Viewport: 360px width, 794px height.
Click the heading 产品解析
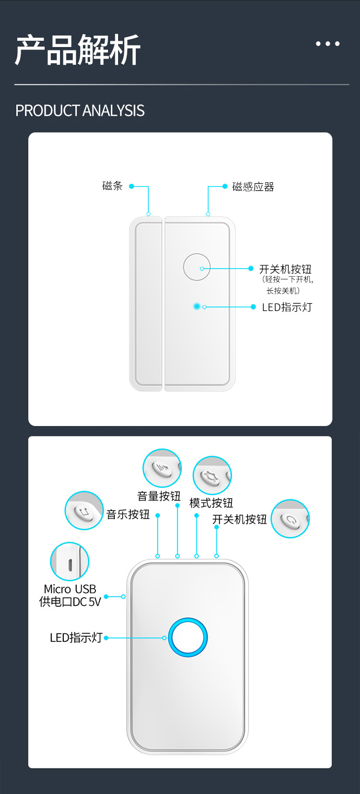click(x=78, y=50)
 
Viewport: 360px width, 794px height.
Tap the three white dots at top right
click(x=328, y=44)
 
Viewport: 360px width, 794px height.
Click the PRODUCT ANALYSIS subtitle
click(x=80, y=111)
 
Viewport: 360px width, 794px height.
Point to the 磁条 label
click(x=112, y=186)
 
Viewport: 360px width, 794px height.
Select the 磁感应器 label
click(x=253, y=187)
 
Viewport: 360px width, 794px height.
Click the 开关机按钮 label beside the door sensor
click(x=285, y=269)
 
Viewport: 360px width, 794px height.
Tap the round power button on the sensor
click(x=197, y=267)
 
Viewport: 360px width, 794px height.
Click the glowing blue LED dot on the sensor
click(x=197, y=306)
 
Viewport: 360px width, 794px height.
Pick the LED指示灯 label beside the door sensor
click(x=287, y=308)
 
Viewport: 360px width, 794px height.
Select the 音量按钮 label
click(x=159, y=496)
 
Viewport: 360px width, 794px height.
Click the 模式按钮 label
click(x=211, y=503)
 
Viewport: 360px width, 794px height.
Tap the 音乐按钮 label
click(x=128, y=515)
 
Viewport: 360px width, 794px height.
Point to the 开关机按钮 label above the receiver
click(x=240, y=520)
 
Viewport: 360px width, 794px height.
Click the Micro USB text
click(x=70, y=589)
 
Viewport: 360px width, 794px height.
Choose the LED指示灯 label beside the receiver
click(x=76, y=638)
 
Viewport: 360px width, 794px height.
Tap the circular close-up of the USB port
click(x=70, y=562)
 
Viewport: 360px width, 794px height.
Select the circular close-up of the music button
click(x=84, y=510)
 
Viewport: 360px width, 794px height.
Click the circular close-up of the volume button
click(x=162, y=468)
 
